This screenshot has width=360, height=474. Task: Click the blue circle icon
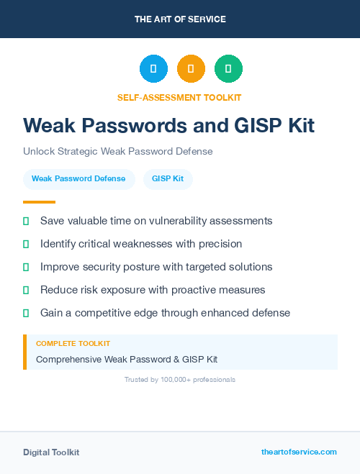(153, 68)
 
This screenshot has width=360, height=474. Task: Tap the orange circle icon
(191, 68)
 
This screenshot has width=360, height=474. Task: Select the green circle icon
(228, 68)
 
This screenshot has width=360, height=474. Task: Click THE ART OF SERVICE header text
(180, 19)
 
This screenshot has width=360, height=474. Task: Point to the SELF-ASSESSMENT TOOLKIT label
(179, 97)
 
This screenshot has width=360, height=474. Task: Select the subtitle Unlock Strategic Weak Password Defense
(118, 152)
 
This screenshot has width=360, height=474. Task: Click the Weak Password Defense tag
(78, 178)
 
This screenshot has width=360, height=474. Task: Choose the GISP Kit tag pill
(168, 178)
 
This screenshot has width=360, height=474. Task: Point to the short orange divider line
(39, 202)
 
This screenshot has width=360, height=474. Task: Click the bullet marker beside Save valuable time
(26, 221)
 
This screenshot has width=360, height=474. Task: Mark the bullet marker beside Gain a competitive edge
(26, 313)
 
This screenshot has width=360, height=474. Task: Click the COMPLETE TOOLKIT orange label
(73, 344)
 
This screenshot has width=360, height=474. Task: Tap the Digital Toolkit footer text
(51, 452)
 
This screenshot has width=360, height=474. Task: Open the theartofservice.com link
(299, 452)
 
